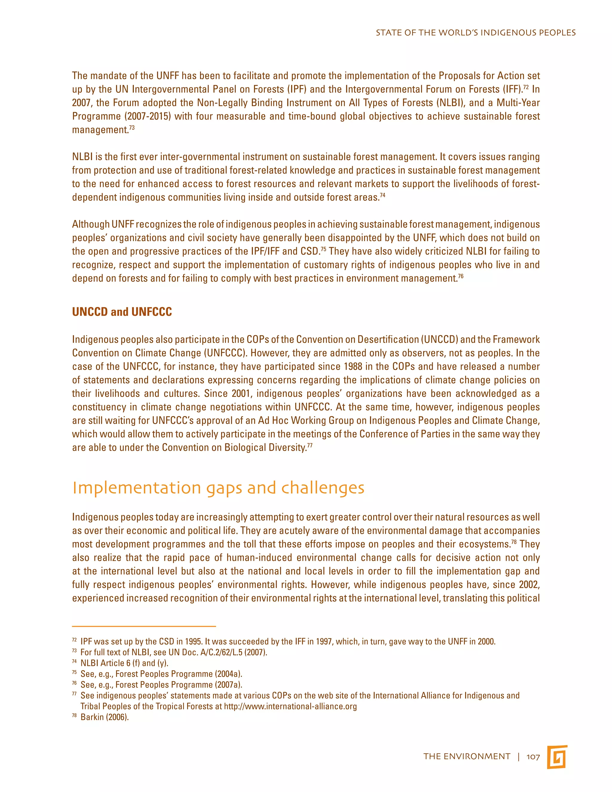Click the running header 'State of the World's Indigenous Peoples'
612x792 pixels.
(475, 33)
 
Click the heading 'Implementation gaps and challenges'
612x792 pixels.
(218, 488)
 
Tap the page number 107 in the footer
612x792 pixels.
(533, 756)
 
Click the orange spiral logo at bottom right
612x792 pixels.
(557, 757)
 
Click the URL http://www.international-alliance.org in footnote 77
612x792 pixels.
(290, 706)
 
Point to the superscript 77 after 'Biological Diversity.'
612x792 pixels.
(310, 445)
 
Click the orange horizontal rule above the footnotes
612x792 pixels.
(144, 626)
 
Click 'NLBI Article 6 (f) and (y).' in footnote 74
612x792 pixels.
(124, 663)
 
